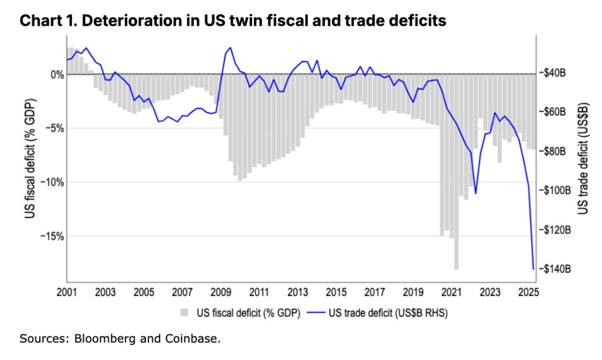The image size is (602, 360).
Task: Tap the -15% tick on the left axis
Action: coord(51,236)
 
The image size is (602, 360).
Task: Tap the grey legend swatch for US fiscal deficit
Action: coord(184,313)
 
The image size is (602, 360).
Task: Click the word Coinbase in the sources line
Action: coord(193,339)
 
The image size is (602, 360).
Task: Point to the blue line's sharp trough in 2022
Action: coord(476,193)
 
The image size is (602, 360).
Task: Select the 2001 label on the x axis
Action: coord(67,292)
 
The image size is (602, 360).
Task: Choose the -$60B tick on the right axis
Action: coord(558,112)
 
